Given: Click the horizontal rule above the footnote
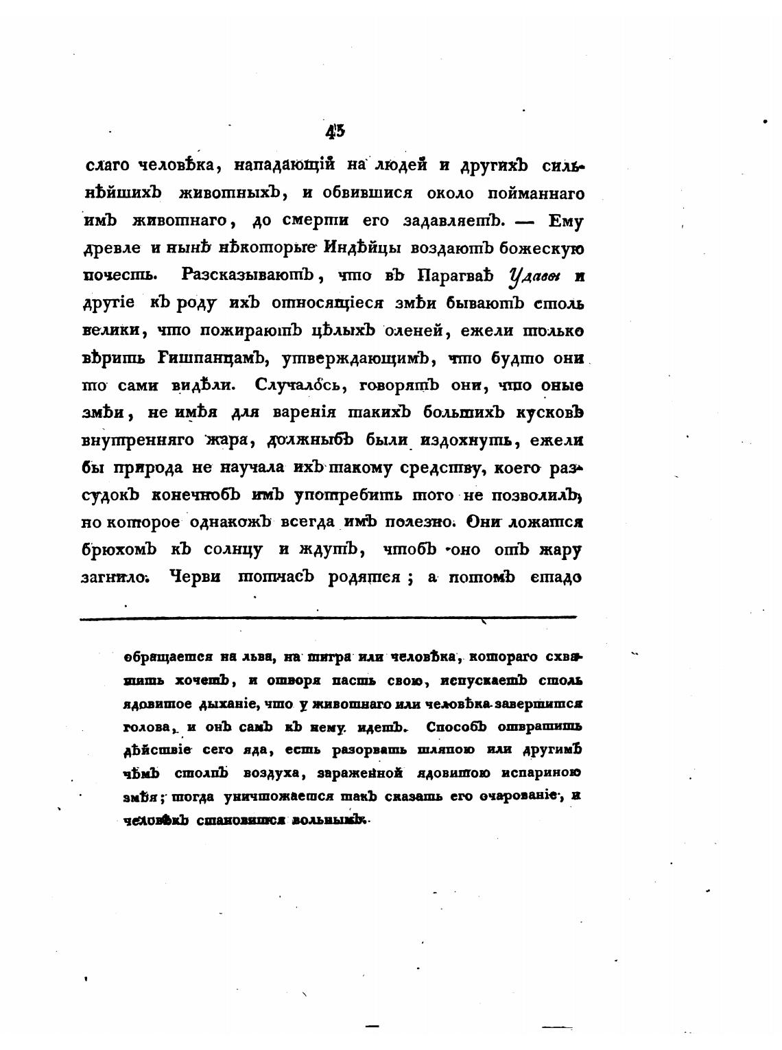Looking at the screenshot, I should click(329, 619).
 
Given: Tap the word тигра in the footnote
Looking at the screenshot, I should click(331, 657).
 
